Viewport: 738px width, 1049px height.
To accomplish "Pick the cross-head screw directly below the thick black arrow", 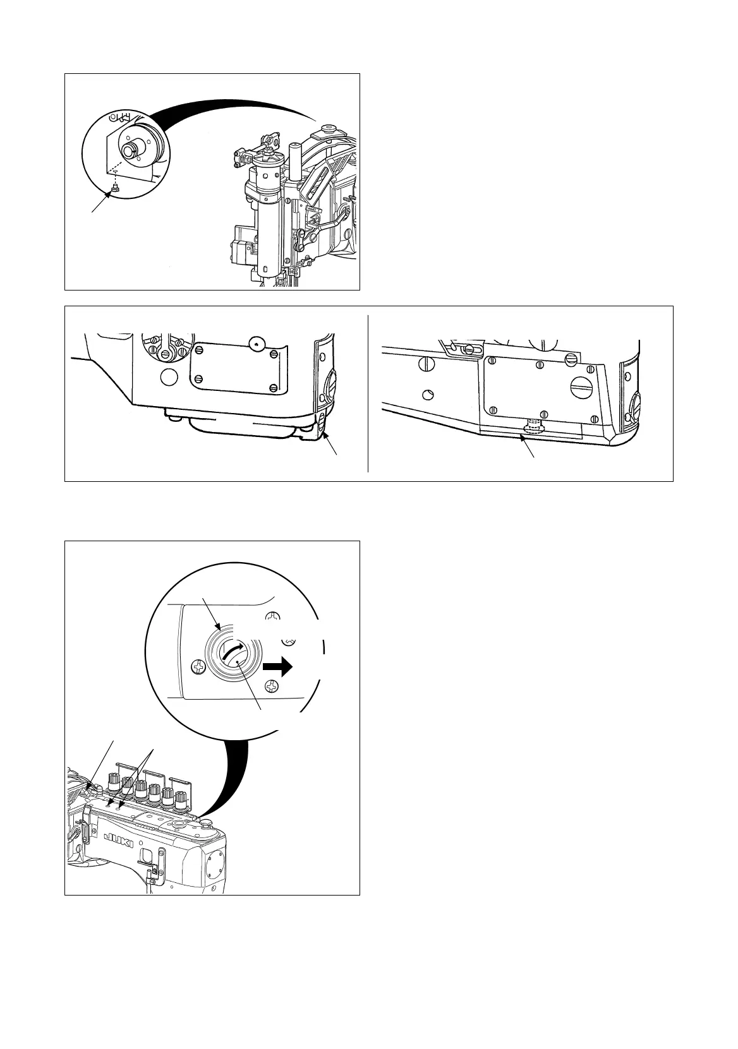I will point(272,686).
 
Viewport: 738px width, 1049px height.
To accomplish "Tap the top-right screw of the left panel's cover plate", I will point(273,353).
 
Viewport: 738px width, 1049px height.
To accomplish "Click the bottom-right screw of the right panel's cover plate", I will point(593,418).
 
